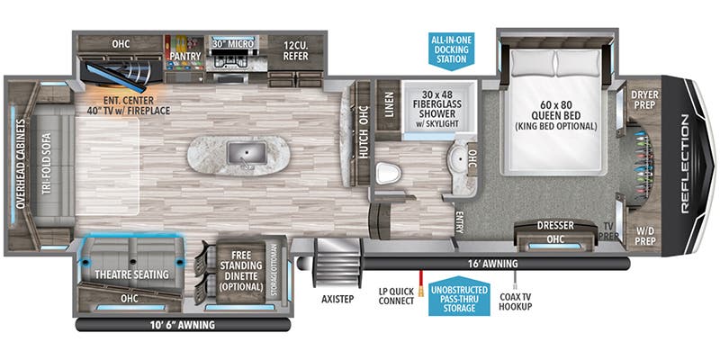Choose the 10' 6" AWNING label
tap(169, 325)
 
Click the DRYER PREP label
tap(644, 99)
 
